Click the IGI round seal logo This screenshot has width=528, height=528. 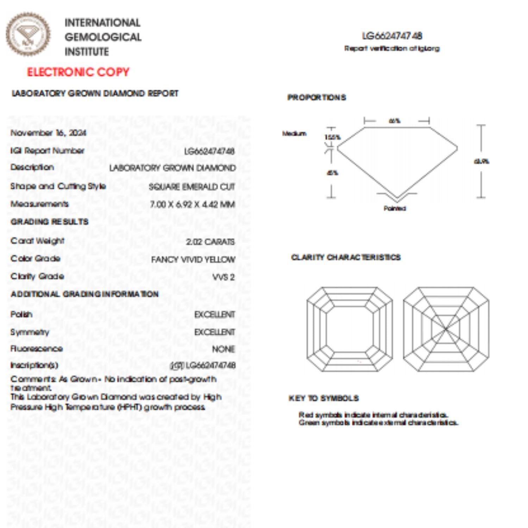28,34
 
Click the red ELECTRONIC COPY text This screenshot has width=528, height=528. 78,72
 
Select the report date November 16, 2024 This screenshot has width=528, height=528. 48,133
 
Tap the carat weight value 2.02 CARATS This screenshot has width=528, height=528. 210,242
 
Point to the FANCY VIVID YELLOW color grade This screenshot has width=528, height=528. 193,260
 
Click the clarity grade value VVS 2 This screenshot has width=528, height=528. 223,277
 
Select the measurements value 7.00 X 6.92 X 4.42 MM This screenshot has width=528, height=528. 192,205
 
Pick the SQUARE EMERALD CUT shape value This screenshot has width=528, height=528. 191,187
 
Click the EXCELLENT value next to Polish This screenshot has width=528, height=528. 214,314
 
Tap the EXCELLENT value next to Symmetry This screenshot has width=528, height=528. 214,332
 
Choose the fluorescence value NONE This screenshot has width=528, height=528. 223,349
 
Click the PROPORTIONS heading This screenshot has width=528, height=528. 316,98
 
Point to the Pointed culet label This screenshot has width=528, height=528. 395,208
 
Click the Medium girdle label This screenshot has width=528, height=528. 294,133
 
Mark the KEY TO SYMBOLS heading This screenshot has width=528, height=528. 323,398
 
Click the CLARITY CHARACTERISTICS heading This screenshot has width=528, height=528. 346,257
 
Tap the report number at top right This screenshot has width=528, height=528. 392,36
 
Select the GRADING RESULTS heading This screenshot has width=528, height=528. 49,222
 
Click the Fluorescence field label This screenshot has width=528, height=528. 37,349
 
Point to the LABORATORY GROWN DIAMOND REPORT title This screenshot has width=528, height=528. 95,94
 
